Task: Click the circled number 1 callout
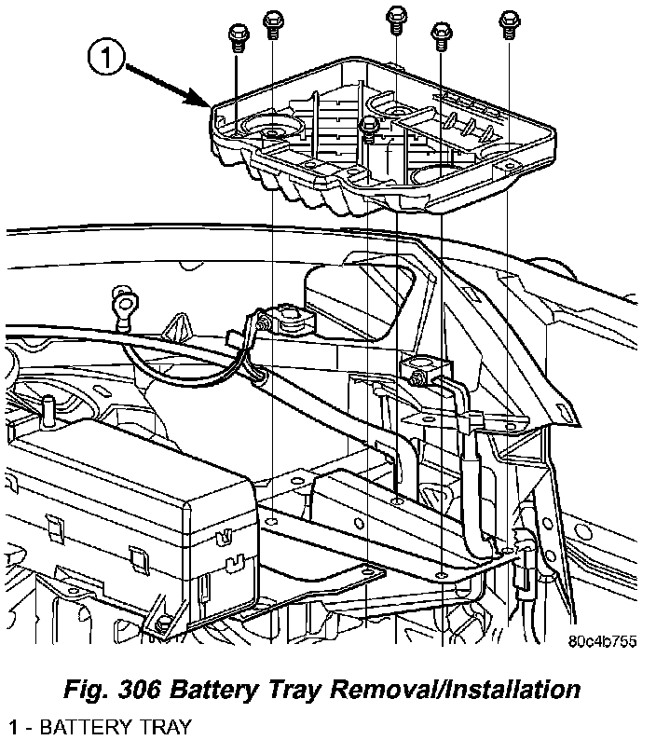click(106, 59)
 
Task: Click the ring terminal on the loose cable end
click(118, 304)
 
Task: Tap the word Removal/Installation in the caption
click(478, 691)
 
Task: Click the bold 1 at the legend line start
click(13, 725)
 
